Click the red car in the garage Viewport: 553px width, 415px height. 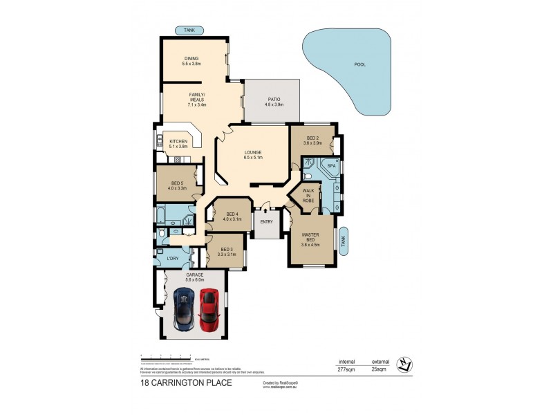point(209,309)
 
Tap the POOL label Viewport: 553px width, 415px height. point(359,64)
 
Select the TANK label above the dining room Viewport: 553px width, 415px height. point(189,30)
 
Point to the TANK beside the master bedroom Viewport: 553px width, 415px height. point(344,241)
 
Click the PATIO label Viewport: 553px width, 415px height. point(274,99)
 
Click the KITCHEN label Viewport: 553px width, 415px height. point(178,141)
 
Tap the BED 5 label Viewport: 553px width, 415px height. point(178,183)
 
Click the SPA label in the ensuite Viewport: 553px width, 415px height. point(331,167)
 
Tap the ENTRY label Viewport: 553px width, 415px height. point(266,221)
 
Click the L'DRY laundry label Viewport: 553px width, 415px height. point(173,259)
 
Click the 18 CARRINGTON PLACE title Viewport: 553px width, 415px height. point(186,382)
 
